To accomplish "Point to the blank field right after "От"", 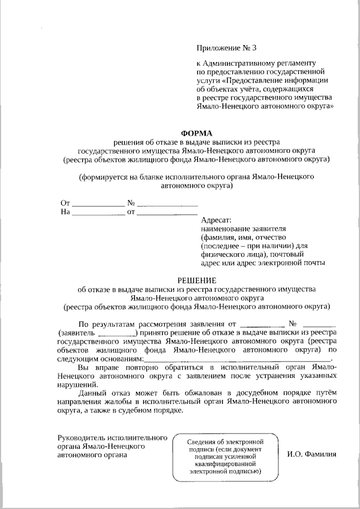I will click(98, 204).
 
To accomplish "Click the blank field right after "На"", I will click(98, 213).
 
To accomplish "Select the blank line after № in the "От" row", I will click(167, 204).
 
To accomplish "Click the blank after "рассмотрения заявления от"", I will click(262, 325).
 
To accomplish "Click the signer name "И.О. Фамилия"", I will click(312, 453).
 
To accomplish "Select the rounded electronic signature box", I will click(225, 457).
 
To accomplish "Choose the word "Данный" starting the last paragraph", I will click(93, 393).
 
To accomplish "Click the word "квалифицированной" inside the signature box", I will click(225, 465).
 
